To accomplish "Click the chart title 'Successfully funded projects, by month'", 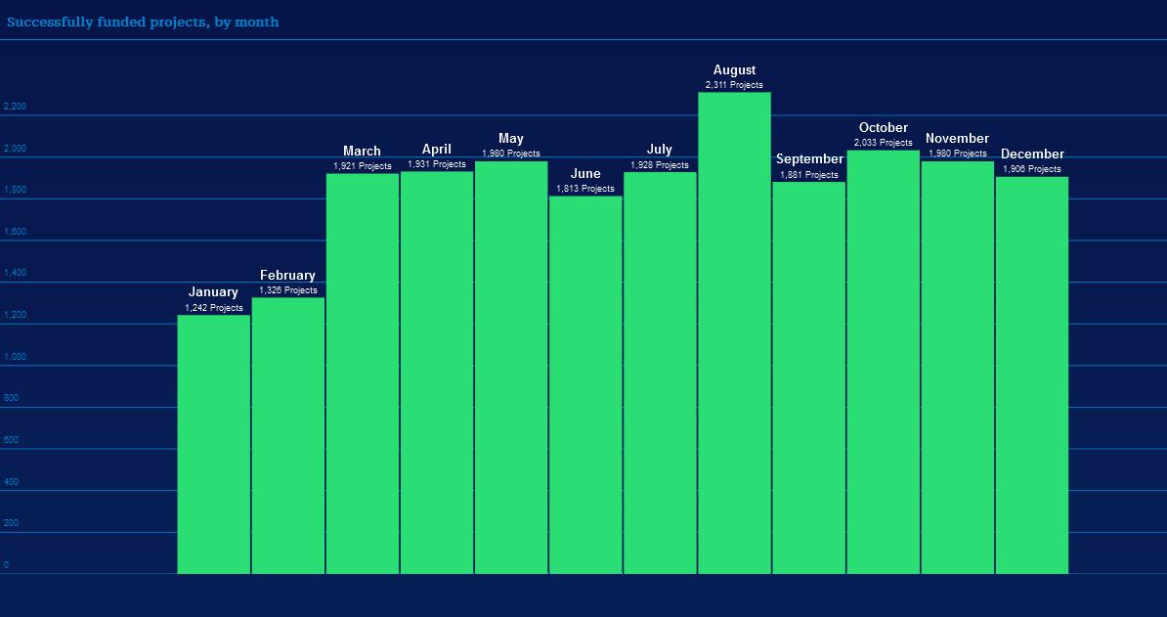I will coord(143,22).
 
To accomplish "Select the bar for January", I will coord(213,444).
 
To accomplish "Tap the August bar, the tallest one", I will coord(734,332).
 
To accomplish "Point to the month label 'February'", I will coord(287,276).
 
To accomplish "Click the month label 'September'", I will coord(809,159).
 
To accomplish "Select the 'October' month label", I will coord(884,128).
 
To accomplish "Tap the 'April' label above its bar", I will coord(437,150).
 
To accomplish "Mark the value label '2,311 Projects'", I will coord(734,85).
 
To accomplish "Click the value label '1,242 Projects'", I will coord(214,308).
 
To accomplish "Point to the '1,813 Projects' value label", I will coord(585,189).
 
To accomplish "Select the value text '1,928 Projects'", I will coord(660,165).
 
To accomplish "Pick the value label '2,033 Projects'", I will coord(884,143).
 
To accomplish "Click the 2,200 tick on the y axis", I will coord(15,107).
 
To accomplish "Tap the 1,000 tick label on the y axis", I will coord(15,357).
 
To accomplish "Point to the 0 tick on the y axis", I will coord(6,565).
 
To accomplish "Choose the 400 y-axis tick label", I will coord(11,482).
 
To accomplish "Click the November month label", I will coord(957,139).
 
